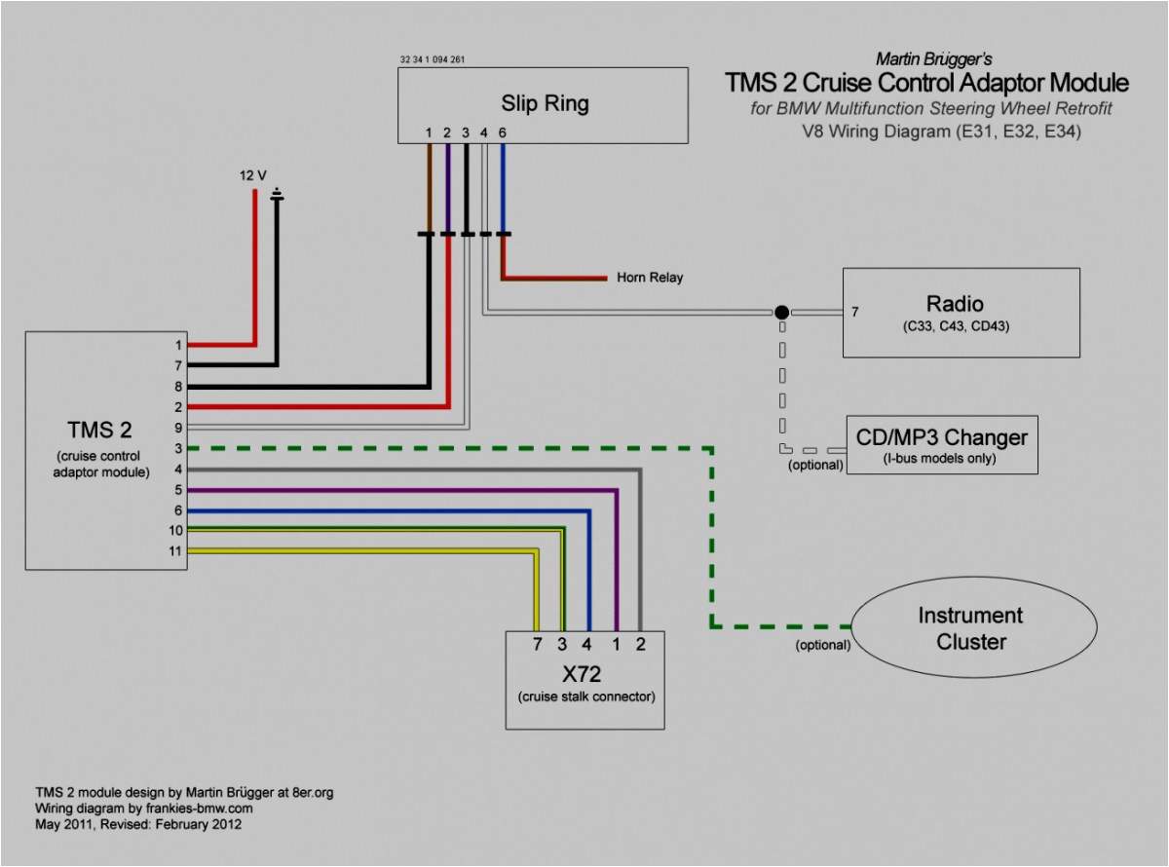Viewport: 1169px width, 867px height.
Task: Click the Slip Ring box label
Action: (545, 103)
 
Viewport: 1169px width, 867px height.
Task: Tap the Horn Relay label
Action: (650, 278)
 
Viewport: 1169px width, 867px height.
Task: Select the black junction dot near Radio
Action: (781, 313)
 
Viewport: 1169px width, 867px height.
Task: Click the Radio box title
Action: (955, 303)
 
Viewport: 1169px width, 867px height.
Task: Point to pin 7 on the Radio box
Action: (854, 313)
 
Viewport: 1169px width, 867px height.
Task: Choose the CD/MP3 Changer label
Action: (941, 436)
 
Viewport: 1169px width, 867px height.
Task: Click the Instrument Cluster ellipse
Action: (969, 628)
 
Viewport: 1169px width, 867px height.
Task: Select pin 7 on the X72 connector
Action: (536, 644)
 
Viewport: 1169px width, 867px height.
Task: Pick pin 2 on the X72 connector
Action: (641, 644)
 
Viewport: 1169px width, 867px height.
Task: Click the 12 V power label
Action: (252, 175)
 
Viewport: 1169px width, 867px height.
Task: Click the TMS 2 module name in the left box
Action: (99, 431)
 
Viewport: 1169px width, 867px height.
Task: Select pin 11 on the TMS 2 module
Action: (177, 551)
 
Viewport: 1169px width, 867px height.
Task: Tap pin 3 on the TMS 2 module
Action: (177, 448)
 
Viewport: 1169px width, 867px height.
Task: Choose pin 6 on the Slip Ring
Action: (503, 132)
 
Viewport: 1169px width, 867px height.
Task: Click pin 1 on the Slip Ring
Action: (429, 132)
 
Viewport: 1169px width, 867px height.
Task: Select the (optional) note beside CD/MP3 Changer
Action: (815, 465)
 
